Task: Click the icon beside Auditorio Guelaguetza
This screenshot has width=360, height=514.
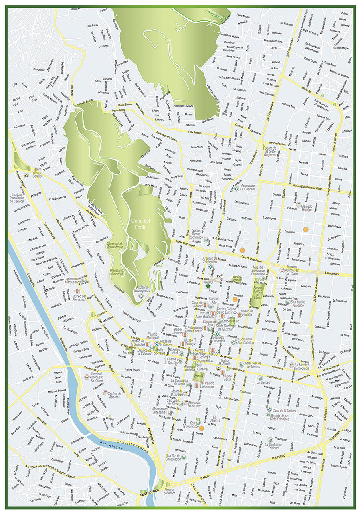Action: point(140,295)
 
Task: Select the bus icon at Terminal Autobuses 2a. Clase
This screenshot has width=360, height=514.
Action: point(87,377)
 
